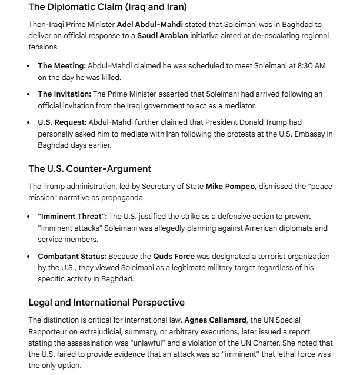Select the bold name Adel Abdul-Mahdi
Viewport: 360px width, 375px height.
click(150, 25)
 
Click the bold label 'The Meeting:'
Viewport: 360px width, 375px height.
click(62, 66)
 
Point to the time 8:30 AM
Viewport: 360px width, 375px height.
click(308, 66)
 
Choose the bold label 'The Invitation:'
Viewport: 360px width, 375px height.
click(64, 95)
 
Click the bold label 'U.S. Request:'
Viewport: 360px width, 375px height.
click(62, 123)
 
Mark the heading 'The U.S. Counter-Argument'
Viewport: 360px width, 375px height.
click(90, 169)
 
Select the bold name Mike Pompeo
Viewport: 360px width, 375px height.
click(231, 187)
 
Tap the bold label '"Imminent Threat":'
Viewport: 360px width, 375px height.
click(72, 217)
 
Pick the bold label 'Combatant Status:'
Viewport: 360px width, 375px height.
click(72, 257)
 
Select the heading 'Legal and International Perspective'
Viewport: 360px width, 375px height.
click(106, 303)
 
